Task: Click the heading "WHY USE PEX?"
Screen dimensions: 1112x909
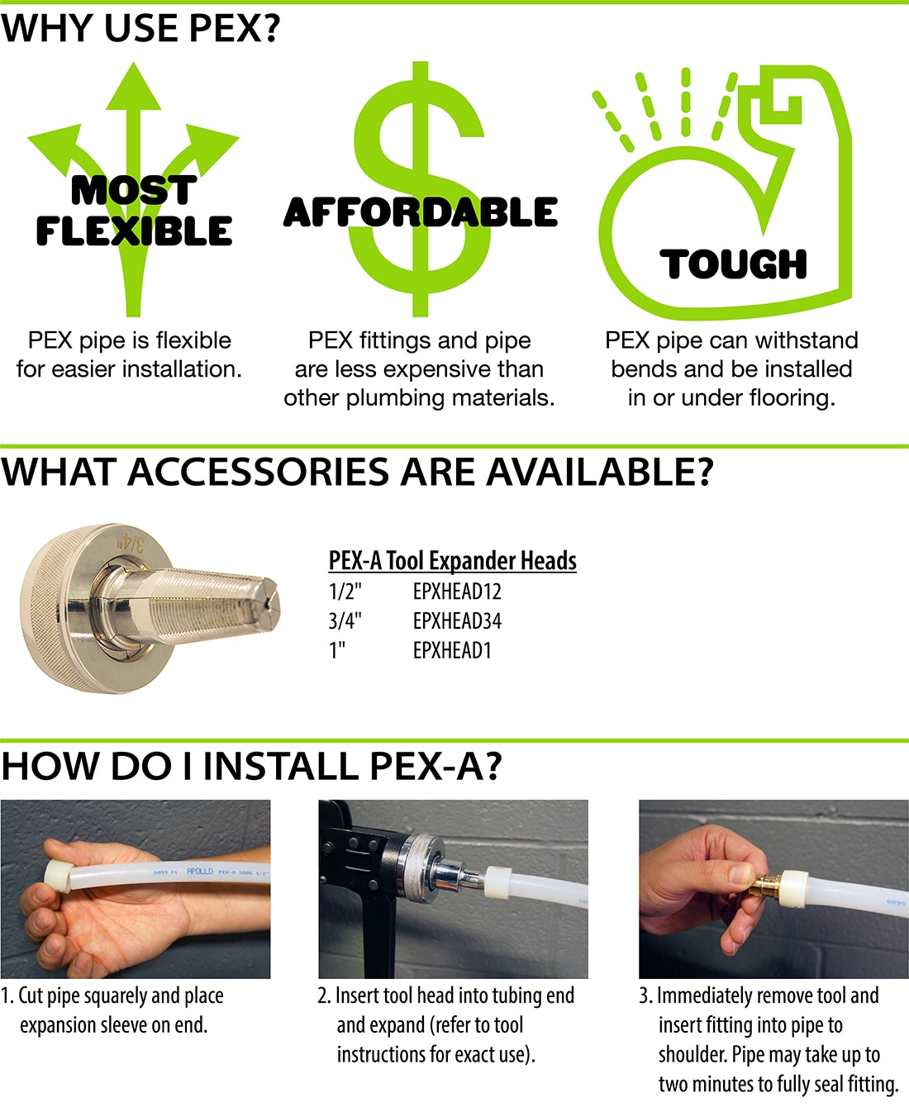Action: pos(140,29)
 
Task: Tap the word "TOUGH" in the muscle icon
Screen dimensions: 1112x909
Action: pos(733,264)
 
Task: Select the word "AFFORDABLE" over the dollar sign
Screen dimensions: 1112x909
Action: pos(420,212)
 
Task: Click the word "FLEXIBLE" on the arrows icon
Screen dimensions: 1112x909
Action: pos(134,230)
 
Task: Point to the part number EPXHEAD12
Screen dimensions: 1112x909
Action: pos(457,592)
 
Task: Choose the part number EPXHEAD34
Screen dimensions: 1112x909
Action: pos(457,621)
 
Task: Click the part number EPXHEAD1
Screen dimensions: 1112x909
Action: pos(452,651)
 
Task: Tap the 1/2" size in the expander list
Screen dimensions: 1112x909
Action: pos(345,592)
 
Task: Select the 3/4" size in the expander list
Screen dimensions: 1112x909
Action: pos(345,621)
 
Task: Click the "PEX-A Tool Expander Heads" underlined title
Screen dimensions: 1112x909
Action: pos(452,561)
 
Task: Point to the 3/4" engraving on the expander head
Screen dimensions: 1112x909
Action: pos(130,542)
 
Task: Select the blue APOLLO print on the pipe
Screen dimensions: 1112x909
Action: pos(200,872)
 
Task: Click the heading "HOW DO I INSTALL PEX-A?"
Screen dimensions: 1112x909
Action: pos(251,766)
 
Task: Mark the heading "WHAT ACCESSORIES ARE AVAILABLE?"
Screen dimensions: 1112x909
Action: pos(356,473)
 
